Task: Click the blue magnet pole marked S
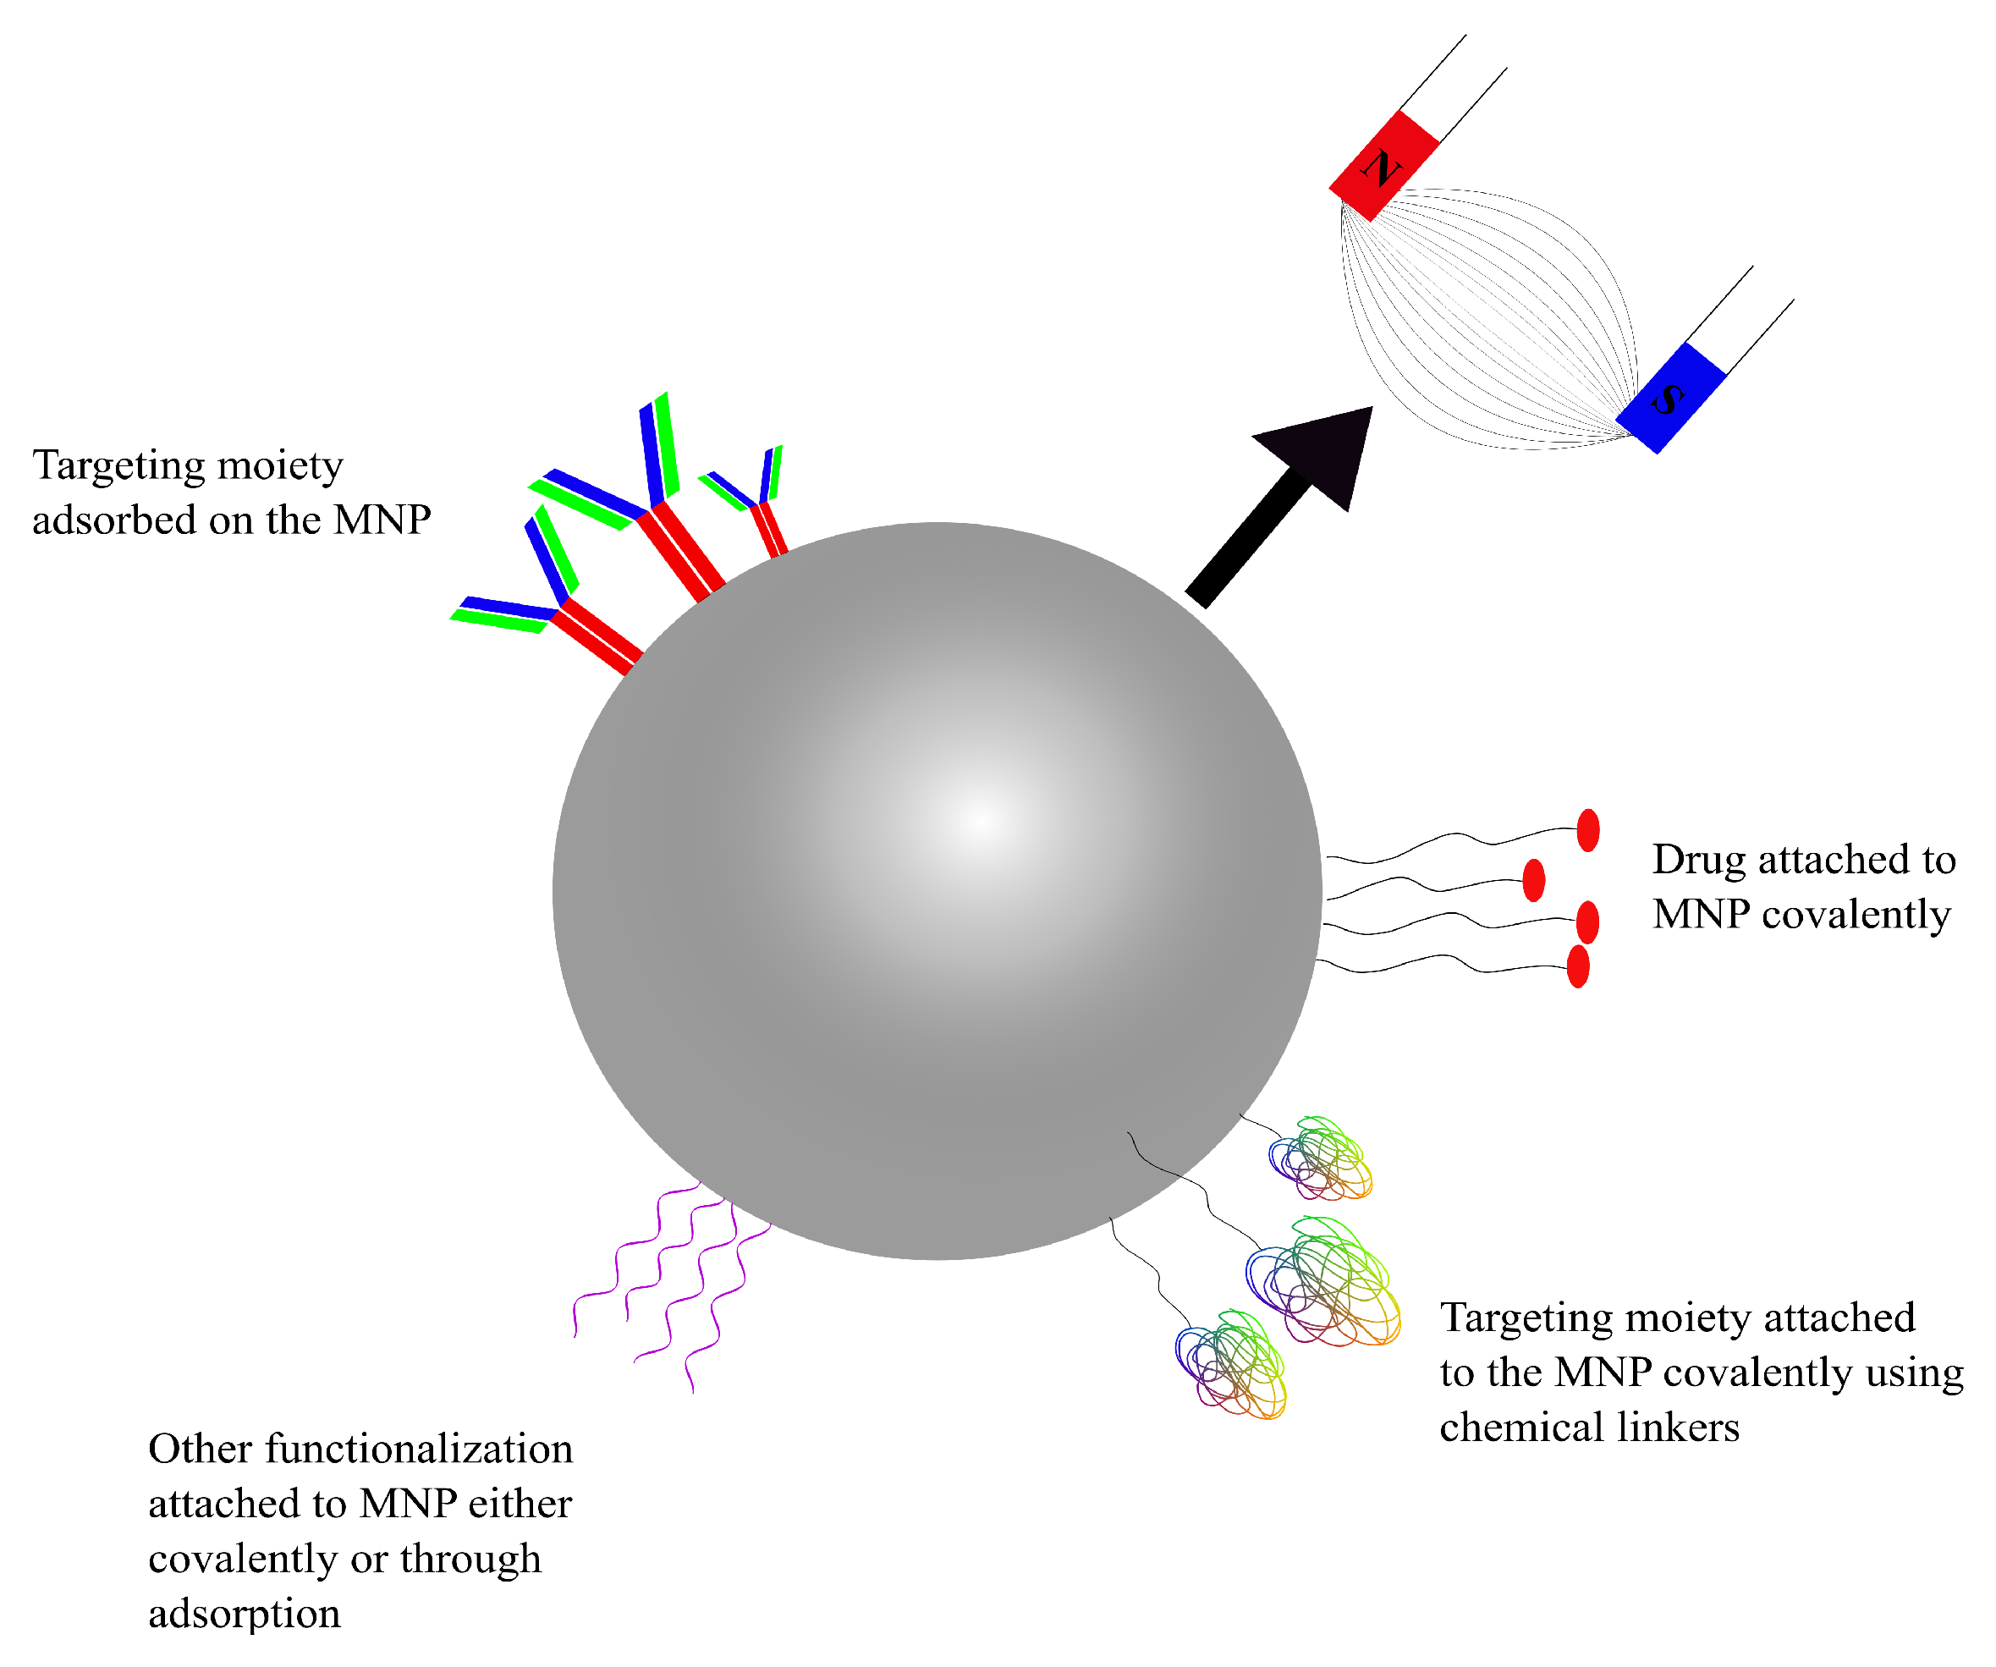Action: tap(1670, 399)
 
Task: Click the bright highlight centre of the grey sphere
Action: tap(981, 819)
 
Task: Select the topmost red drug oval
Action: tap(1587, 831)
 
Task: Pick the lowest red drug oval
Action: tap(1578, 966)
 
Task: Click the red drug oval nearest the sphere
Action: tap(1533, 880)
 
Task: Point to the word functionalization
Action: tap(419, 1450)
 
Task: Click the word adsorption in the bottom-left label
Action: tap(245, 1614)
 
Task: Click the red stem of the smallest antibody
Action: tap(769, 531)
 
